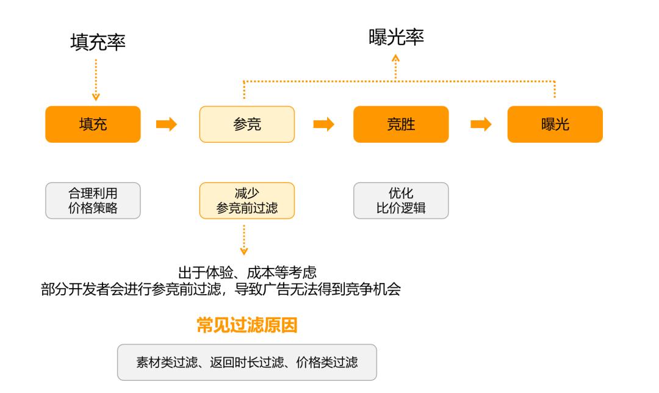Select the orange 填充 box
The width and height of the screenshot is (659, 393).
click(x=93, y=124)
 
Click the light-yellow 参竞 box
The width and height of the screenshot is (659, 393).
click(x=247, y=124)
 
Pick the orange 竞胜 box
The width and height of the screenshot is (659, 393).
click(x=401, y=124)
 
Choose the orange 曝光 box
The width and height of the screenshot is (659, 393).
click(x=555, y=124)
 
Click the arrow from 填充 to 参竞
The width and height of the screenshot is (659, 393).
click(x=167, y=124)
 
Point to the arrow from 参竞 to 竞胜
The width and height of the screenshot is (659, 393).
click(x=323, y=124)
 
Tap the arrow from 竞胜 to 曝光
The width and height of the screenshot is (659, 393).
click(x=481, y=124)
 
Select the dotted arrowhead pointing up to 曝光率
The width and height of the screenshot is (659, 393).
click(x=396, y=59)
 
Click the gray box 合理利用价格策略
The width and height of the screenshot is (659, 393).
click(x=93, y=201)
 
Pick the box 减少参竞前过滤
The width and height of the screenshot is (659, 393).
click(x=247, y=201)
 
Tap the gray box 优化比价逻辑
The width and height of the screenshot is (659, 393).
click(x=401, y=201)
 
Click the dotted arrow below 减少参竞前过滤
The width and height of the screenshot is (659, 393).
click(x=244, y=239)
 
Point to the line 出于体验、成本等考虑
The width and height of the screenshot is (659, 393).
click(x=247, y=273)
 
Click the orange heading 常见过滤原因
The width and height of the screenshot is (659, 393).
click(x=247, y=325)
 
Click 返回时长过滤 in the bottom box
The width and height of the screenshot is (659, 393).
click(x=247, y=362)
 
